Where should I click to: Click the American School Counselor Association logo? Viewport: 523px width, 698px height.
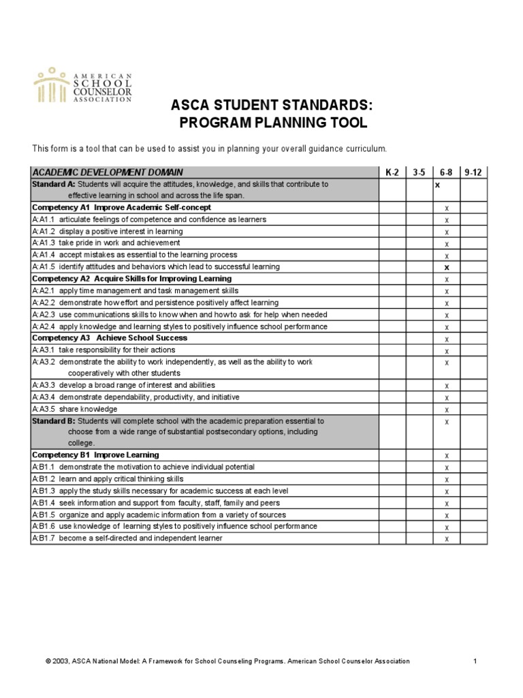click(x=82, y=85)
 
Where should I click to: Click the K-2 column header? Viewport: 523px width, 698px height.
click(x=392, y=172)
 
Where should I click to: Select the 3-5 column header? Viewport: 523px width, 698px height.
click(x=419, y=172)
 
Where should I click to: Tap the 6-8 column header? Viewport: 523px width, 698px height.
click(x=447, y=172)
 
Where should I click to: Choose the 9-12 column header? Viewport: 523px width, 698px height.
click(x=473, y=172)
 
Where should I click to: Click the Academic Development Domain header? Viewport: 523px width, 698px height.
click(x=108, y=172)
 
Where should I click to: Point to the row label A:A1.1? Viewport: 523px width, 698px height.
click(x=44, y=219)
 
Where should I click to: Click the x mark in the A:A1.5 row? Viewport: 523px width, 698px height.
click(x=447, y=267)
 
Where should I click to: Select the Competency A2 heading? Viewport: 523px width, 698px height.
click(x=131, y=279)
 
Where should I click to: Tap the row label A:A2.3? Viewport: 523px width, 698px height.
click(x=44, y=314)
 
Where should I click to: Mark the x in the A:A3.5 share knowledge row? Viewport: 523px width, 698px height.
click(x=447, y=410)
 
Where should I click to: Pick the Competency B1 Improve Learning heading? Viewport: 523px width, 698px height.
click(x=95, y=455)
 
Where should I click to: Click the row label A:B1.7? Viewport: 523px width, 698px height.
click(x=44, y=538)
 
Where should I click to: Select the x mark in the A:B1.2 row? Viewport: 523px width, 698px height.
click(x=447, y=479)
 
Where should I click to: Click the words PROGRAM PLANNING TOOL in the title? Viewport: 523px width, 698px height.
click(x=263, y=123)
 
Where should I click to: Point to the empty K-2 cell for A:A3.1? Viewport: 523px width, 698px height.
click(x=392, y=350)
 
